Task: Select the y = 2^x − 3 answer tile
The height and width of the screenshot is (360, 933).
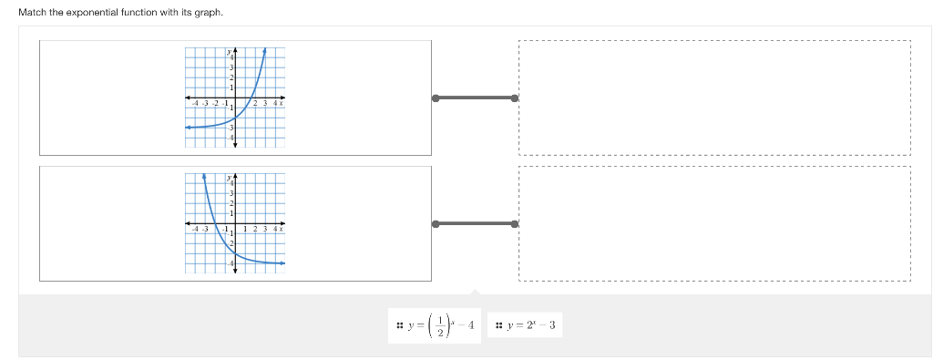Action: (x=528, y=325)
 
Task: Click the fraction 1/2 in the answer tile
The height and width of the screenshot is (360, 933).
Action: (x=442, y=325)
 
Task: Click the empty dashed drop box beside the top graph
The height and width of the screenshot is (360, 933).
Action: (x=713, y=98)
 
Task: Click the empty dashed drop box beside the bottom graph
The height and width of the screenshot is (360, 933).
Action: (x=713, y=223)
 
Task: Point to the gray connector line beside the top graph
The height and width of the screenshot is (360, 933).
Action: (x=475, y=98)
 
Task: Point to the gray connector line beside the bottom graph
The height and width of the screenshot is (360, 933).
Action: (x=475, y=223)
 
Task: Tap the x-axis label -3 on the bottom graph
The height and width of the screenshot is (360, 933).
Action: (x=204, y=229)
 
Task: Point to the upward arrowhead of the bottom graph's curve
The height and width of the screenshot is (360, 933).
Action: (x=204, y=175)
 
